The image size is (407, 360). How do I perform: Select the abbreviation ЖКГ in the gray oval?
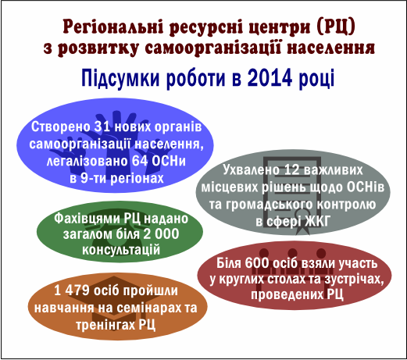pos(318,222)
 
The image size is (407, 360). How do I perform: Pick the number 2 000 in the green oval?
pos(161,233)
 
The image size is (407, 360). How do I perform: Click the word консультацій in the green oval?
pos(121,250)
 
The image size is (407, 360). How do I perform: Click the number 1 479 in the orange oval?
pos(72,290)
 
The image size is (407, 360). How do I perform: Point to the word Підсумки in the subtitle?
pos(120,79)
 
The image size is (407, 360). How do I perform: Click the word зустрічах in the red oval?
pos(355,279)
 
